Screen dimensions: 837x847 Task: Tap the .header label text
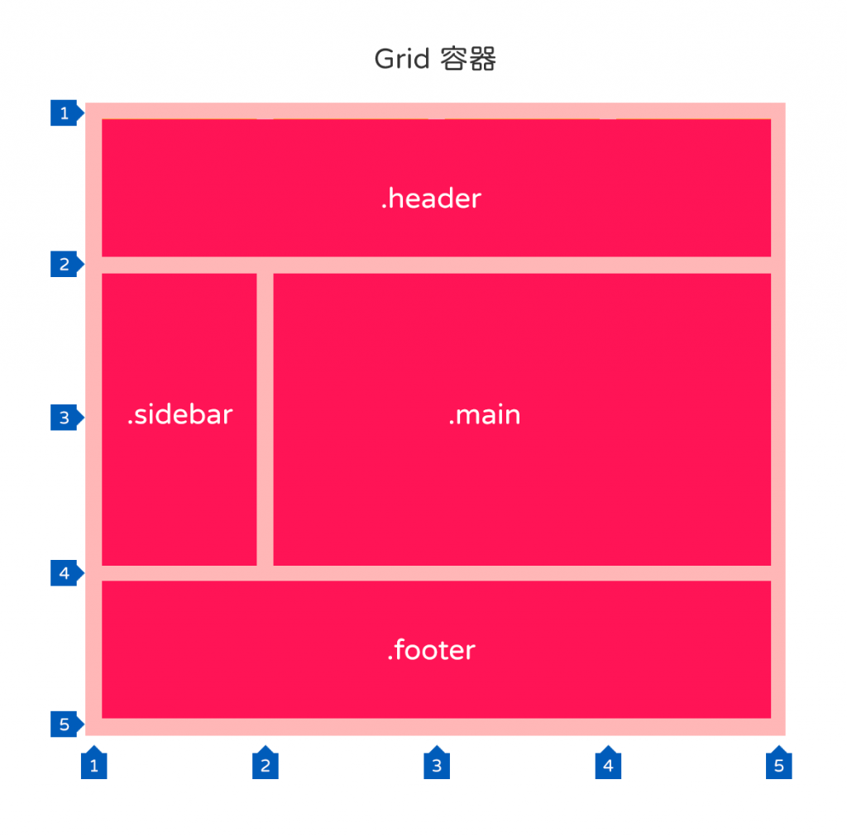(x=431, y=199)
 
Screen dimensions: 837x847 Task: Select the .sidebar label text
(x=179, y=415)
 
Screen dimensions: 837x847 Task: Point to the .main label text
(x=485, y=415)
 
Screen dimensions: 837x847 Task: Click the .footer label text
(x=431, y=651)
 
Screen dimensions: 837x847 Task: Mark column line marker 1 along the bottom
(x=93, y=765)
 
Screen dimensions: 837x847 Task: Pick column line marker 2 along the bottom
(x=265, y=765)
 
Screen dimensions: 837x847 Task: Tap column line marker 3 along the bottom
(x=437, y=765)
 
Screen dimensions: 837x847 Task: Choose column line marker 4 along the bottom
(x=608, y=765)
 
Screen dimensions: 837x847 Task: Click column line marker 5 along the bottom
(x=778, y=765)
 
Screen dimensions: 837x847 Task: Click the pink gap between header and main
(x=521, y=265)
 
